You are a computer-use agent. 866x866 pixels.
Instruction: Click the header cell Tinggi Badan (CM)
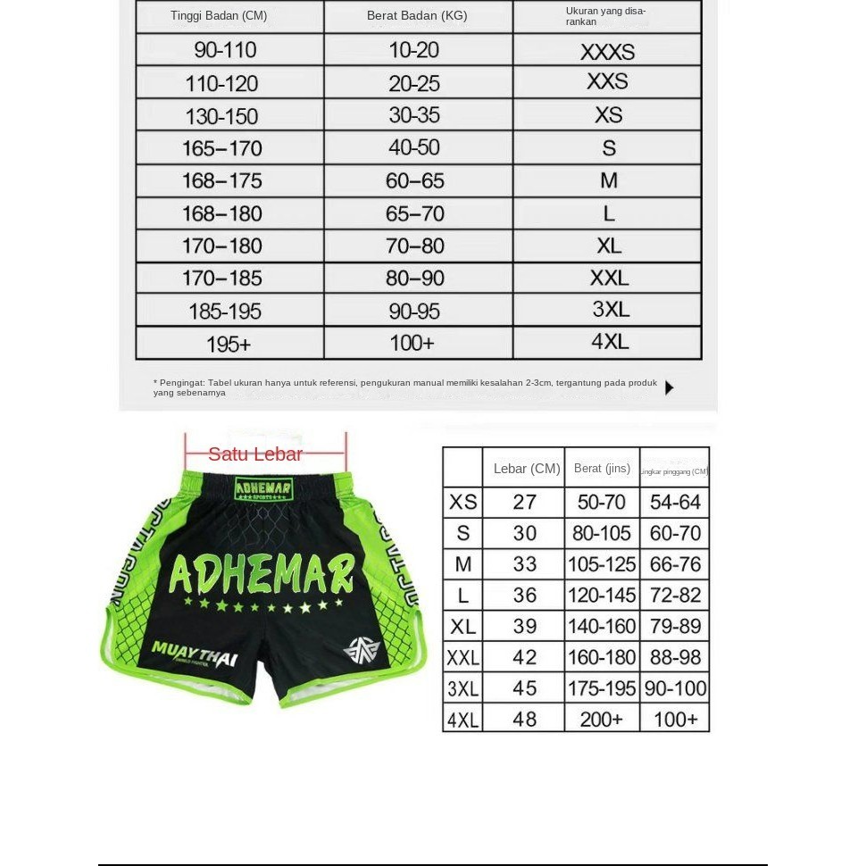coord(219,16)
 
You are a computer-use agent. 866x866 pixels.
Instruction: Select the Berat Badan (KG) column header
coord(417,16)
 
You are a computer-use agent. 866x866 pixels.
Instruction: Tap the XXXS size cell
coord(607,52)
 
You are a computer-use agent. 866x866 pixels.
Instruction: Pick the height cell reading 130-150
coord(221,116)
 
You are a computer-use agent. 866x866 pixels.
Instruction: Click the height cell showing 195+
coord(229,344)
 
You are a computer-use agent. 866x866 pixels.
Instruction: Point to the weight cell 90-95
coord(414,311)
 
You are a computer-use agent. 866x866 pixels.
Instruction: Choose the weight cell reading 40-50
coord(414,147)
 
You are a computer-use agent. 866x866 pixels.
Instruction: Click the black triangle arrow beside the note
coord(670,387)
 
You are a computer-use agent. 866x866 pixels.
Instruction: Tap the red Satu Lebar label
coord(255,454)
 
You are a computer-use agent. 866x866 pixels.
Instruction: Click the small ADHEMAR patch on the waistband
coord(263,488)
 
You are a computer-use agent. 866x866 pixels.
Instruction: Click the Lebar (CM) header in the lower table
coord(527,469)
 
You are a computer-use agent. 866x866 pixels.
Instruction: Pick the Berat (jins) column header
coord(602,469)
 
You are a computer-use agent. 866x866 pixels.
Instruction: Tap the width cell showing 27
coord(525,502)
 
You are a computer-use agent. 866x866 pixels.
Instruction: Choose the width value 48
coord(525,719)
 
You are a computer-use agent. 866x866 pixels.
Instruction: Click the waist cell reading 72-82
coord(675,595)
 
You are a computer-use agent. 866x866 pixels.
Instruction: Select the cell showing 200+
coord(602,719)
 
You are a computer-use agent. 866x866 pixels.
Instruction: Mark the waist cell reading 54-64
coord(675,502)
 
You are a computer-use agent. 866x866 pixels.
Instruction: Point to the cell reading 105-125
coord(602,564)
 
